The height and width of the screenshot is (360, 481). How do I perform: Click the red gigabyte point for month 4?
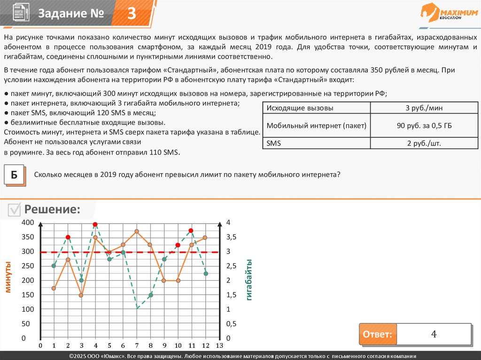pos(95,225)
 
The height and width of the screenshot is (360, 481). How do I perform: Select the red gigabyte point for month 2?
pos(68,237)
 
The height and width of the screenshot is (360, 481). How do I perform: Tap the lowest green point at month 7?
pos(137,308)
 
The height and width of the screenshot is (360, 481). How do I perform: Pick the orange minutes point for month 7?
pos(137,231)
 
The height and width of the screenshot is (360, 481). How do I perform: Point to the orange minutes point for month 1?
pos(54,288)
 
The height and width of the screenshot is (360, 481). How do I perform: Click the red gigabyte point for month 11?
pos(191,230)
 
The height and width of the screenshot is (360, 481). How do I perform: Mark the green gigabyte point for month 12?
pos(205,274)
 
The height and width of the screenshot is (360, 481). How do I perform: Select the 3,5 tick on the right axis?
pos(232,237)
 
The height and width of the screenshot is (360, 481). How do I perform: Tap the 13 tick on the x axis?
pos(219,346)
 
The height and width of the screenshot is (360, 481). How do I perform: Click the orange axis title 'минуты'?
pos(8,277)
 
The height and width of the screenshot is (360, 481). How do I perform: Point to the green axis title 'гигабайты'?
pos(249,280)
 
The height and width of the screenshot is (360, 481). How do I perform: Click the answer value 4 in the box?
pos(434,335)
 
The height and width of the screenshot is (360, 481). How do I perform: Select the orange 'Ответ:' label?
pos(377,335)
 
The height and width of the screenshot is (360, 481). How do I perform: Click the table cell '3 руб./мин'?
pos(424,108)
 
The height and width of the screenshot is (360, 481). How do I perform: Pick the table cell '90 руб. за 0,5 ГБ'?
pos(424,125)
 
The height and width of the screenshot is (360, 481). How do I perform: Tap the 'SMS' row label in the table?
pos(273,143)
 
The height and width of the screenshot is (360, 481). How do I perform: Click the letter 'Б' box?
pos(14,176)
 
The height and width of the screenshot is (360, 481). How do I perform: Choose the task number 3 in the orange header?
pos(132,14)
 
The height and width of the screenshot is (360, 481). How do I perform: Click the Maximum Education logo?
pos(448,12)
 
